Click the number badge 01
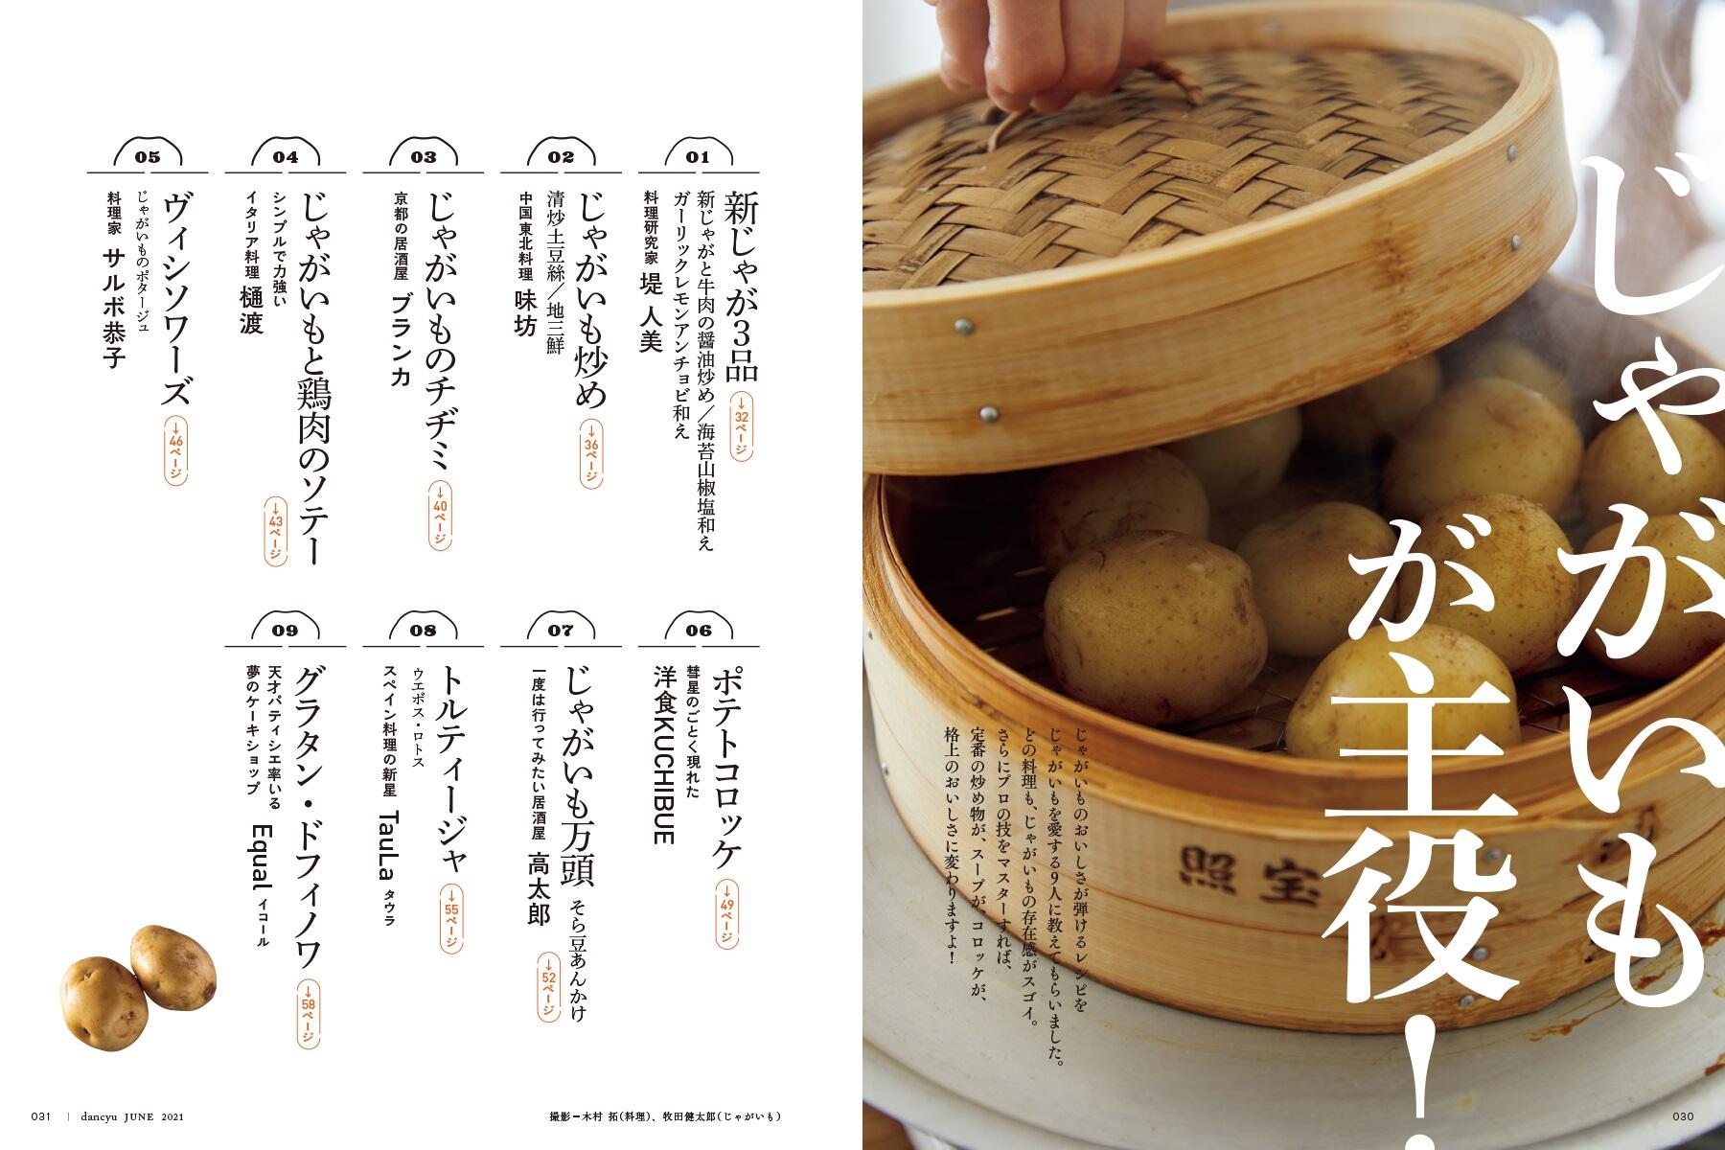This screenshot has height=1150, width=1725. click(698, 157)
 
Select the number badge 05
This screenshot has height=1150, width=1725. click(148, 157)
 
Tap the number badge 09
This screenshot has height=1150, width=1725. click(286, 630)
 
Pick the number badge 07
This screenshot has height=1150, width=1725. click(561, 630)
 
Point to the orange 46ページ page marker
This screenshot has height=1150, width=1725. click(175, 451)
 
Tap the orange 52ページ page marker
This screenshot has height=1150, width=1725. click(548, 990)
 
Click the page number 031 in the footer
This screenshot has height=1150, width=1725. click(40, 1115)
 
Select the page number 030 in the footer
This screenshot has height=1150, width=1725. click(1685, 1115)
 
